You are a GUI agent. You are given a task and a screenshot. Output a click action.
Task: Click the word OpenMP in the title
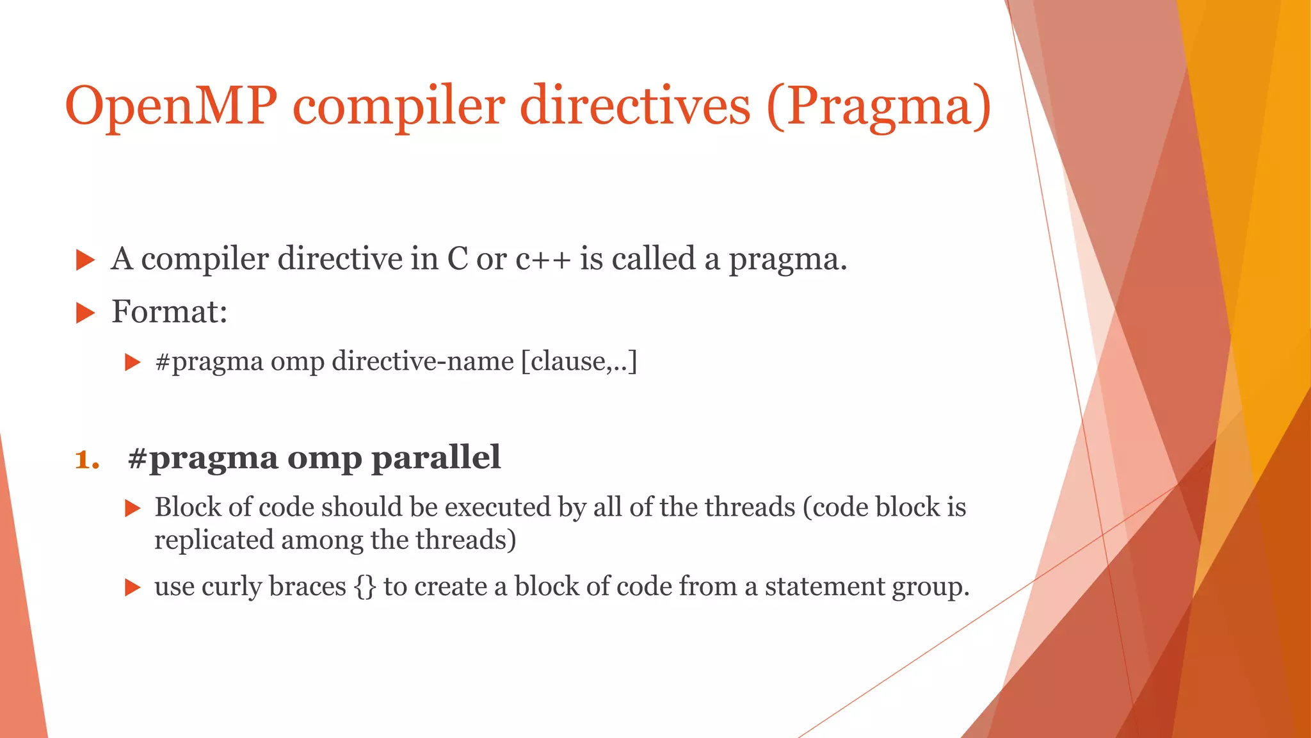tap(171, 106)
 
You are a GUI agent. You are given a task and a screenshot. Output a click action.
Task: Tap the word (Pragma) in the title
tap(878, 106)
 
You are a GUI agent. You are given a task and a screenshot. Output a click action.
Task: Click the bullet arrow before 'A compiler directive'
tap(84, 261)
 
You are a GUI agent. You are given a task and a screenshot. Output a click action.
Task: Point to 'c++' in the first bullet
tap(543, 259)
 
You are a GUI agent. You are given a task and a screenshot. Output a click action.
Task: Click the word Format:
tap(169, 312)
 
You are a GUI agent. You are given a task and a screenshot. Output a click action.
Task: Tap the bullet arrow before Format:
tap(84, 313)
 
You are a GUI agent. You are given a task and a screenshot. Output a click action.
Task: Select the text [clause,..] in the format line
tap(579, 361)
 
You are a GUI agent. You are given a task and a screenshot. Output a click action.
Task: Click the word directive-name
tap(422, 361)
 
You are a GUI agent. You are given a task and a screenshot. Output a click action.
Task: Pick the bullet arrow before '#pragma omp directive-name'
tap(132, 363)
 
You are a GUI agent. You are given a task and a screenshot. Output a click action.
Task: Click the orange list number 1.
tap(86, 459)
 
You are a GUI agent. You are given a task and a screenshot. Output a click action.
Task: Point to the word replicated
tap(214, 540)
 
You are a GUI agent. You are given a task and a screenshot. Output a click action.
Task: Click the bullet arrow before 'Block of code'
tap(132, 509)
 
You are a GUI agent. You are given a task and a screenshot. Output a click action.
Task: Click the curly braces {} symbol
tap(365, 587)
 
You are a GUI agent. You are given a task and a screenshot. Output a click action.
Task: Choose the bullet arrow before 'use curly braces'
tap(132, 587)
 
